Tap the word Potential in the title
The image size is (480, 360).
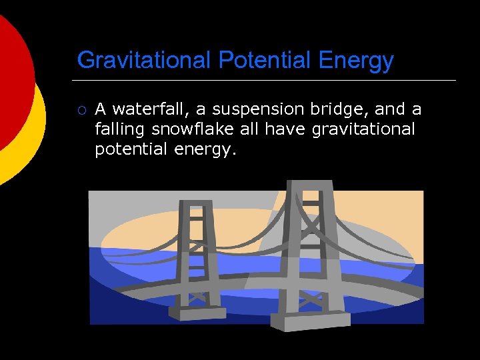tap(265, 61)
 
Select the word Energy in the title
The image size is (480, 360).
tap(356, 61)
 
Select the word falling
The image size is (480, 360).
tap(119, 129)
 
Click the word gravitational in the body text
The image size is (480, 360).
tap(363, 129)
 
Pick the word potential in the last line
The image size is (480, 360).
tap(131, 149)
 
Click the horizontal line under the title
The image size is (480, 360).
tap(267, 80)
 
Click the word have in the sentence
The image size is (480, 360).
tap(287, 129)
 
